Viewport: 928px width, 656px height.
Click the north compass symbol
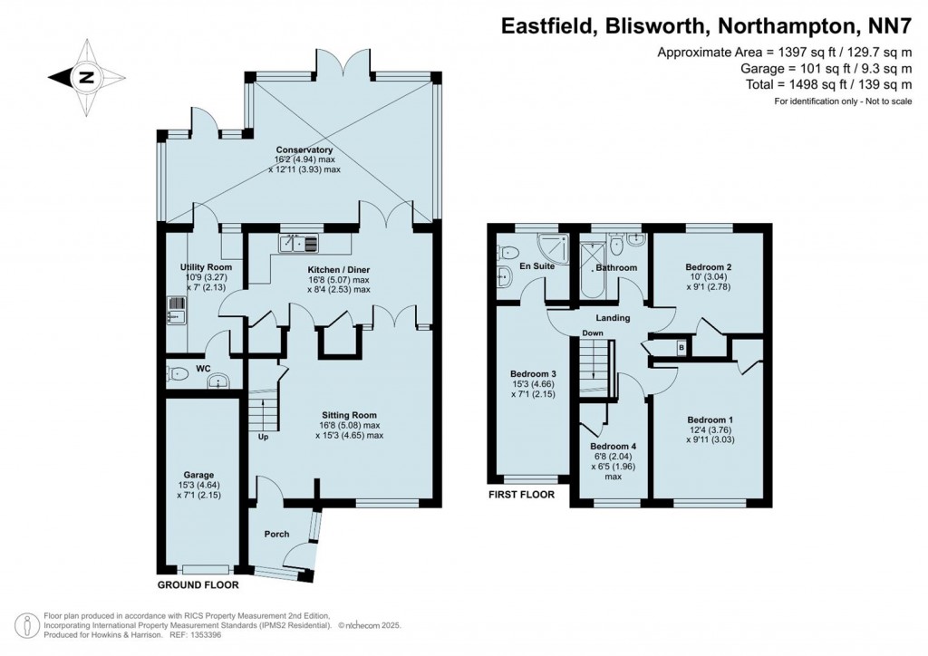(x=86, y=77)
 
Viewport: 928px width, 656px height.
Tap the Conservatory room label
(x=304, y=150)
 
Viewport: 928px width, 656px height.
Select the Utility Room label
(x=208, y=267)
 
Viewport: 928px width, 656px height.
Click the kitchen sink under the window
(x=299, y=243)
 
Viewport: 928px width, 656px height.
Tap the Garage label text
(x=199, y=475)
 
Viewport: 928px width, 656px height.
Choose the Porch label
(x=276, y=535)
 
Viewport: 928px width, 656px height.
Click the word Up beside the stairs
(x=264, y=438)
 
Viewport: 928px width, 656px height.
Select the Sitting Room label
(x=349, y=414)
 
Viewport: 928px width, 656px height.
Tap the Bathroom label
(x=616, y=268)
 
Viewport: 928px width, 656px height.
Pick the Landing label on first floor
(x=613, y=318)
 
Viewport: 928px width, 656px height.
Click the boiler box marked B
(x=681, y=345)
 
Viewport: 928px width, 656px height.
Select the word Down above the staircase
(x=593, y=333)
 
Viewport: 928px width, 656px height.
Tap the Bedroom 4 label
(x=614, y=447)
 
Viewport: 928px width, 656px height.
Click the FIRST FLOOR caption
(x=521, y=495)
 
